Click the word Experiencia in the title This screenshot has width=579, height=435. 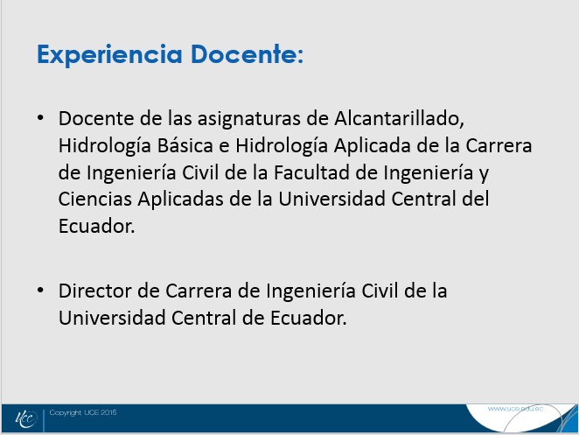click(109, 54)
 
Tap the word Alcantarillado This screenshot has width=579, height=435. click(399, 119)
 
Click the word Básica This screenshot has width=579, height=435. click(185, 145)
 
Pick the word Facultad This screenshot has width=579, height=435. click(311, 172)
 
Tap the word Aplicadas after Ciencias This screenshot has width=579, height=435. click(180, 200)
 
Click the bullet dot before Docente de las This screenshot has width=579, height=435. click(40, 118)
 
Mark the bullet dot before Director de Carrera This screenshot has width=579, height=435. click(40, 290)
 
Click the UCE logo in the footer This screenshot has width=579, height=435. click(26, 418)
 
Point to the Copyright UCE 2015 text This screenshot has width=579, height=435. click(83, 412)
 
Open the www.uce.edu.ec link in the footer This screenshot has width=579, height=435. click(515, 409)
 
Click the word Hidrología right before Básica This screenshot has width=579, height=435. click(104, 146)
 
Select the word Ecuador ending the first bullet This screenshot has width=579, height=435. click(96, 226)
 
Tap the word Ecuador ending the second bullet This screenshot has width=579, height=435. click(309, 318)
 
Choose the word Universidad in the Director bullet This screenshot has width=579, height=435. click(112, 318)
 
